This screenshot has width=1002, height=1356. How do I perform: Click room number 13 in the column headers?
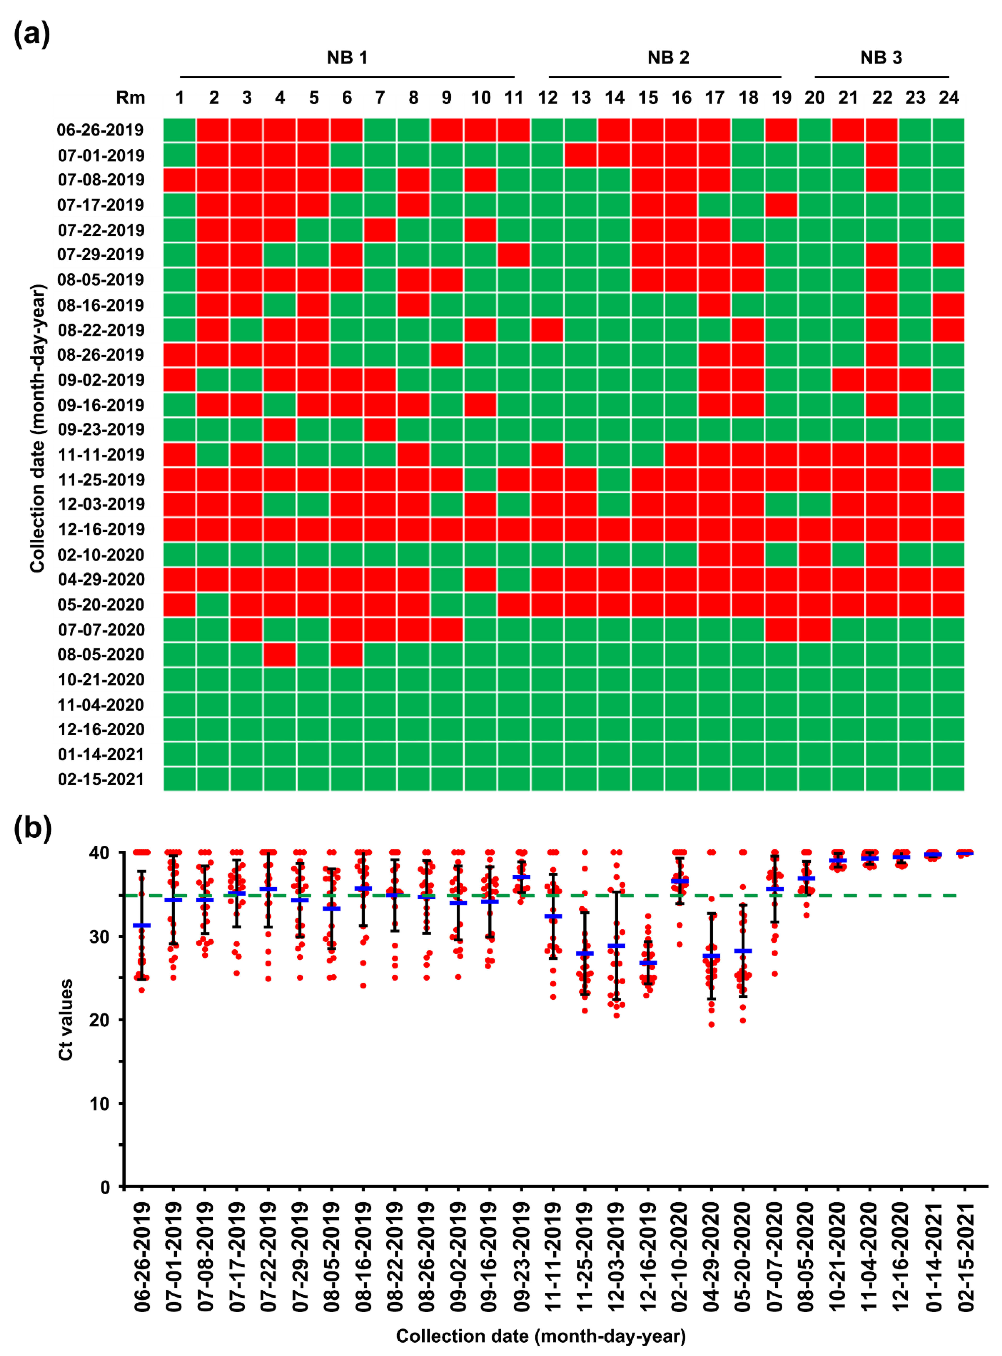coord(581,98)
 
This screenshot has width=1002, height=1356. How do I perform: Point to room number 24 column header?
coord(949,98)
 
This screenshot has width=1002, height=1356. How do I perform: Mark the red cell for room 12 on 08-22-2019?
coord(548,330)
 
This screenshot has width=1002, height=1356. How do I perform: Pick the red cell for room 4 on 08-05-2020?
coord(280,654)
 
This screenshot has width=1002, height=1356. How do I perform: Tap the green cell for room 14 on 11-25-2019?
coord(614,480)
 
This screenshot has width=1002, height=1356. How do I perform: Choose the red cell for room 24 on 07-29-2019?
coord(949,255)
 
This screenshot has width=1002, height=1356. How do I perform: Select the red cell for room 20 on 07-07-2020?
coord(814,630)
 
